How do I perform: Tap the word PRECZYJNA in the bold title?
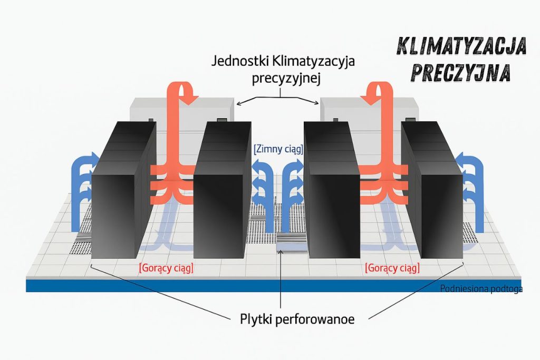click(460, 73)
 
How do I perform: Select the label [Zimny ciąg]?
click(278, 149)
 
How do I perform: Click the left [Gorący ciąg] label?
click(166, 268)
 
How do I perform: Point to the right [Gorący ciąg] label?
click(392, 268)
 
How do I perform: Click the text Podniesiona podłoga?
click(480, 289)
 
